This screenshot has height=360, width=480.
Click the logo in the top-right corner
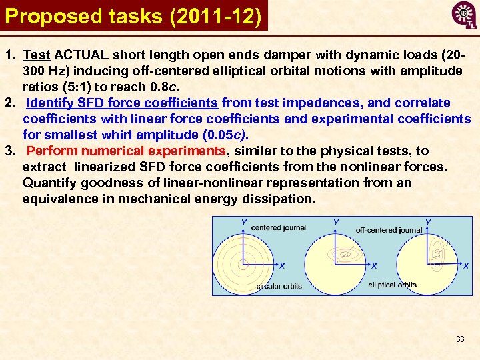pyautogui.click(x=464, y=15)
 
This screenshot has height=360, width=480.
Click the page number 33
pyautogui.click(x=460, y=339)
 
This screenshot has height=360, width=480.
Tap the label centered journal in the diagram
pyautogui.click(x=278, y=227)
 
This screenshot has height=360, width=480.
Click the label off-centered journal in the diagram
pyautogui.click(x=389, y=230)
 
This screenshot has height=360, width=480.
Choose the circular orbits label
pyautogui.click(x=279, y=286)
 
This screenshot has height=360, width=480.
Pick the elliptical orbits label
pyautogui.click(x=392, y=285)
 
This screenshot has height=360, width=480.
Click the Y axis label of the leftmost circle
pyautogui.click(x=244, y=221)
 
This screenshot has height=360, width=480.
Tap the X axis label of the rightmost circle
pyautogui.click(x=466, y=265)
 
